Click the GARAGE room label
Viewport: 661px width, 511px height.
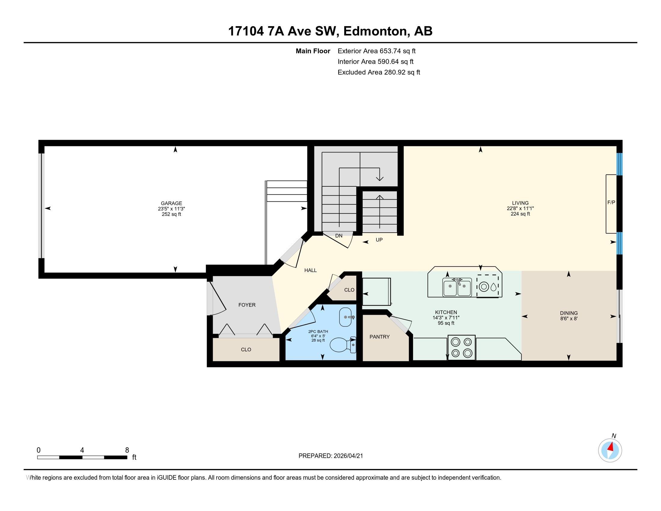coord(171,203)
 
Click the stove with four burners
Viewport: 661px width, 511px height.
coord(461,347)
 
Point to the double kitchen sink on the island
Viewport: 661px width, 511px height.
coord(457,287)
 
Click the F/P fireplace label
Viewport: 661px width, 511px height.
coord(611,203)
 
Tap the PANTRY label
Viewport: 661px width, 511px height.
coord(379,337)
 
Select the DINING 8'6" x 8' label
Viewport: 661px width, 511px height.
coord(569,316)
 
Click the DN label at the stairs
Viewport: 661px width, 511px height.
coord(339,236)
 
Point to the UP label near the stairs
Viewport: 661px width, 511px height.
coord(379,240)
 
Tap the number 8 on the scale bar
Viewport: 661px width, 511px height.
coord(127,450)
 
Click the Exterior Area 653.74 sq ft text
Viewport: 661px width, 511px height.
coord(376,51)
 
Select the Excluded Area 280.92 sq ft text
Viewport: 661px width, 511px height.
coord(379,72)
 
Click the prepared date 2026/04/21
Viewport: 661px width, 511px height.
coord(348,456)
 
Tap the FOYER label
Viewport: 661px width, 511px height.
coord(247,305)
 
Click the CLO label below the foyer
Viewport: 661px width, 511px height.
coord(246,349)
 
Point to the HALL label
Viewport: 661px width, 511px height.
coord(311,270)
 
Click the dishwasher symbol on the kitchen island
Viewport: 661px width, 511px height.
coord(488,286)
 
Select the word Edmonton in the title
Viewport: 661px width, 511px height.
coord(375,31)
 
